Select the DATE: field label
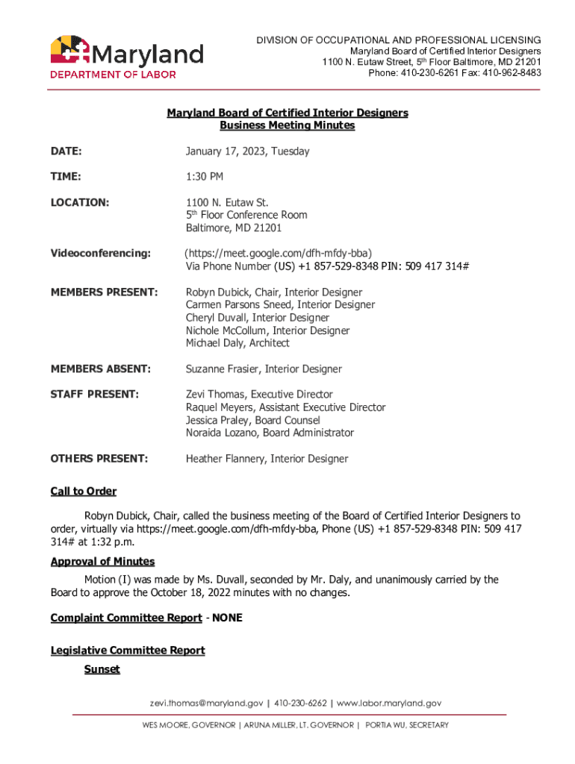(66, 151)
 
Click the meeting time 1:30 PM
(205, 177)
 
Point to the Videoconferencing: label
(101, 254)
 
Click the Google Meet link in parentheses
(279, 254)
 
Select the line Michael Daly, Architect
(237, 343)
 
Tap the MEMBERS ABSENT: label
(101, 369)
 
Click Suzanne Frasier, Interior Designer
(264, 369)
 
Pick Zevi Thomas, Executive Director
(259, 395)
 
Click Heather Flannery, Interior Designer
(267, 459)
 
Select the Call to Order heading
(84, 491)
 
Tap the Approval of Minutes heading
(102, 561)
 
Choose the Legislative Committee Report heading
(128, 651)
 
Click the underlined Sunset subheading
(102, 669)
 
